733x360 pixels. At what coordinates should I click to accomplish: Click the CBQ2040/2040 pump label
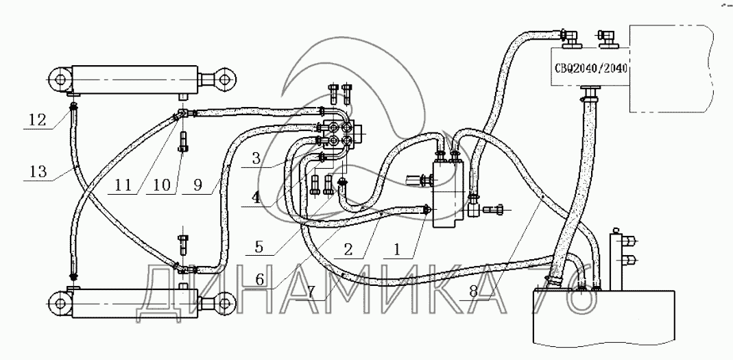[591, 69]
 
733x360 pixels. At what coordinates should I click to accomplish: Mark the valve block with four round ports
[339, 133]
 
